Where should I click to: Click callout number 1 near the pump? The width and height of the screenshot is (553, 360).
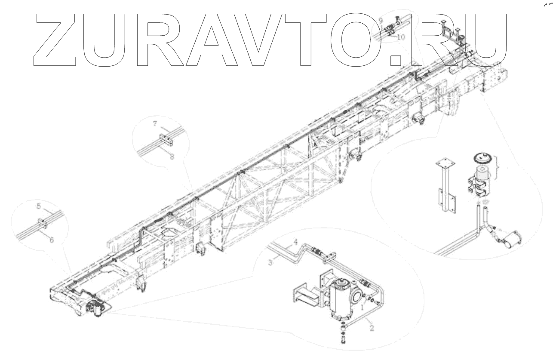[x=363, y=307]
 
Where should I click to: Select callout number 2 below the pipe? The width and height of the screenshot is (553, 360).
[x=371, y=328]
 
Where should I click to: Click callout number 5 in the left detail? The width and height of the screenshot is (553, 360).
[x=38, y=206]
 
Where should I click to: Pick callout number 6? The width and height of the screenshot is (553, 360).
[x=51, y=240]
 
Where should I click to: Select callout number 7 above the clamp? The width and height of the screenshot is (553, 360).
[x=156, y=123]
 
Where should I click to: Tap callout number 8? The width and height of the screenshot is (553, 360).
[x=172, y=157]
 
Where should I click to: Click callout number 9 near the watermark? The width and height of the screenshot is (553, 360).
[x=381, y=21]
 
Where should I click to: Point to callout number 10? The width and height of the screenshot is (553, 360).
[x=401, y=37]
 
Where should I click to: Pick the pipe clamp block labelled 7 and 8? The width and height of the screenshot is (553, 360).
[x=164, y=139]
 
